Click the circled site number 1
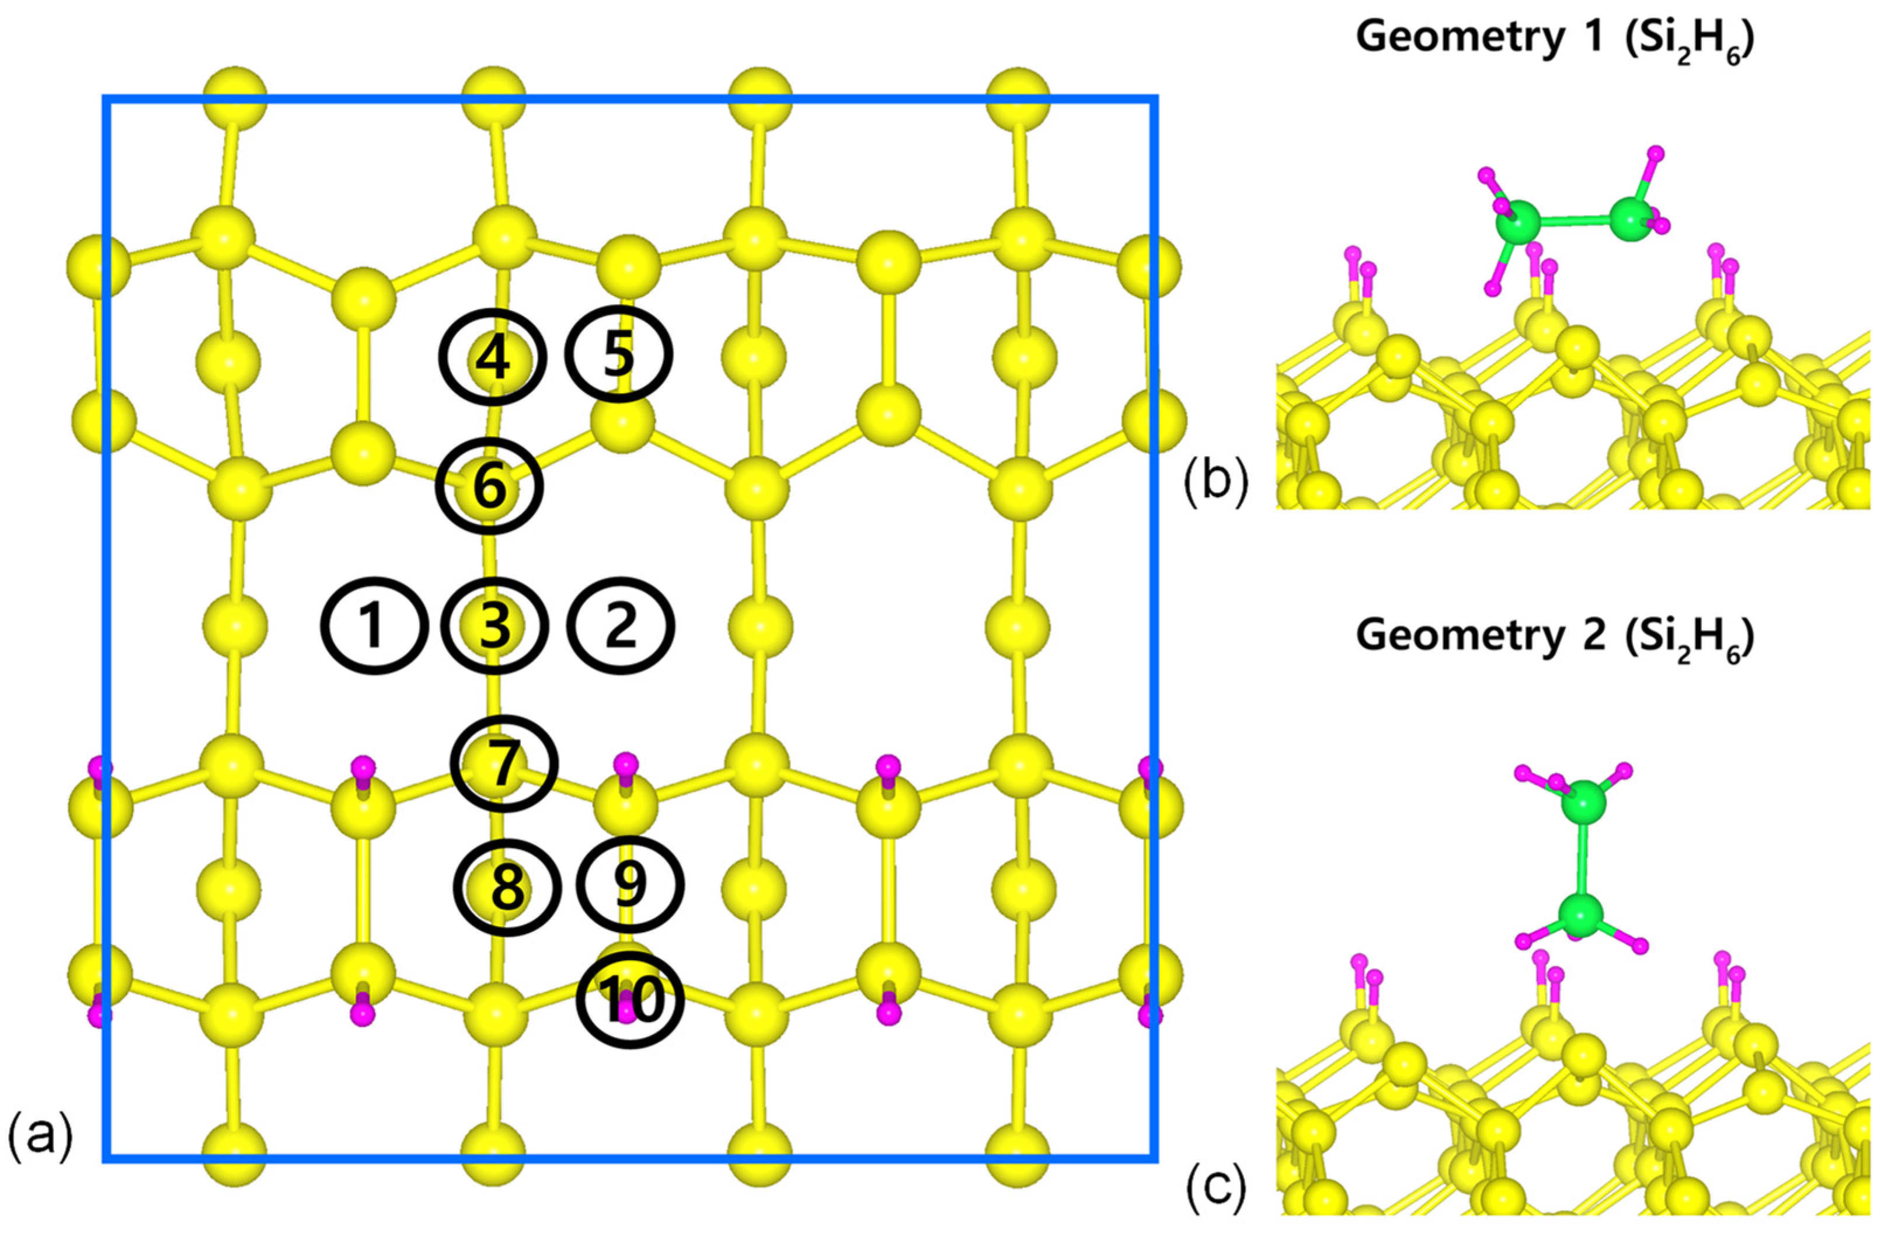click(x=374, y=626)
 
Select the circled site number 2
click(x=621, y=626)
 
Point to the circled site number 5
click(x=619, y=355)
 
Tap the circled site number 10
click(x=630, y=1000)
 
